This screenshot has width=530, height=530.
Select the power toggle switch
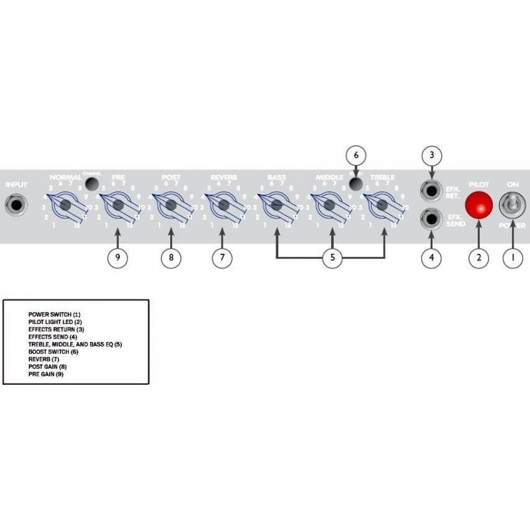(x=510, y=205)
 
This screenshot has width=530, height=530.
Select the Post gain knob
(x=170, y=206)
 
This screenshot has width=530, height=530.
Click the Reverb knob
(x=223, y=206)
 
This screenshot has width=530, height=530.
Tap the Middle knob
(x=329, y=206)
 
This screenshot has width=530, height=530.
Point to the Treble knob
(x=381, y=206)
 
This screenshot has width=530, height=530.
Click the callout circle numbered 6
(x=356, y=154)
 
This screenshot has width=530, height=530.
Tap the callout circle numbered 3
(x=432, y=155)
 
